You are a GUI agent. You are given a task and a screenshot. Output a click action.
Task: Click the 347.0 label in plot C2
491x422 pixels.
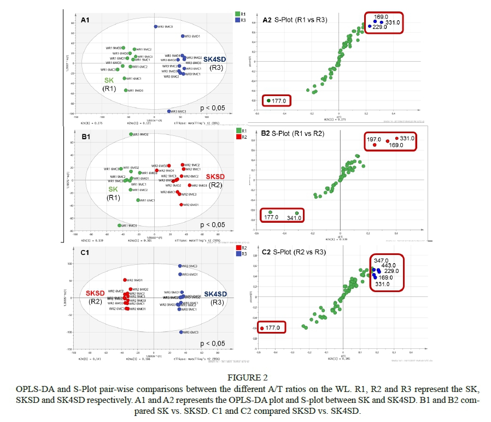coord(381,261)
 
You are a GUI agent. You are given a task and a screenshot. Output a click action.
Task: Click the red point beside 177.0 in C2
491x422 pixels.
coord(261,328)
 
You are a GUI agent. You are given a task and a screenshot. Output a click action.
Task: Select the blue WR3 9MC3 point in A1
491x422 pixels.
coord(155,26)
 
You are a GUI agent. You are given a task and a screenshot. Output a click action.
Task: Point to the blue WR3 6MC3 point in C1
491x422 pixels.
coord(180,332)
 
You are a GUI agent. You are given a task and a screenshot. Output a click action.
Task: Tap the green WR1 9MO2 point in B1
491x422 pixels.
coord(131,134)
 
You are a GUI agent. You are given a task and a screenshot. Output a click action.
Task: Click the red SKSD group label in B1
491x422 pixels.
coord(215,177)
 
